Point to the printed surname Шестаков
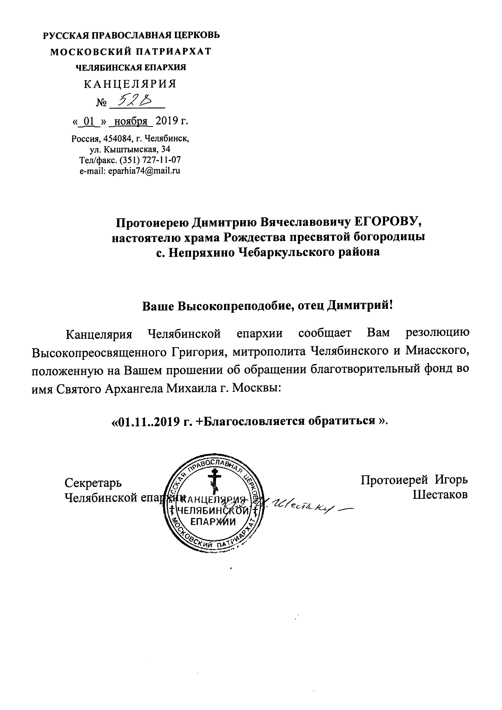tap(440, 495)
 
